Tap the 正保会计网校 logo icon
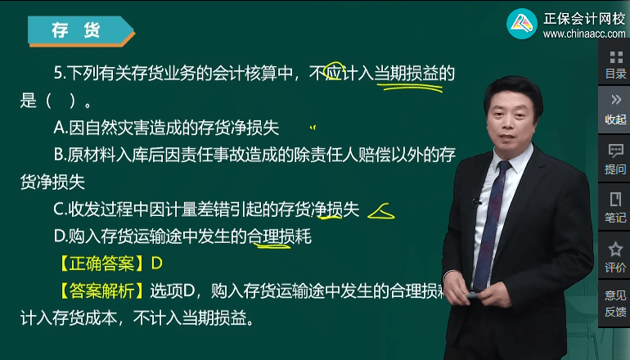[520, 25]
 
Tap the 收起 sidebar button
[615, 109]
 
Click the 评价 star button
[615, 256]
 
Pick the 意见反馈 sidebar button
[615, 303]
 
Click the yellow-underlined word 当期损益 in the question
[407, 74]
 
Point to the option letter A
[59, 128]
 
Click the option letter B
[59, 154]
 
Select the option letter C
[59, 209]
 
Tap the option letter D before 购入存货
[59, 236]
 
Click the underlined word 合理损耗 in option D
[279, 236]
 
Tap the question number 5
[58, 74]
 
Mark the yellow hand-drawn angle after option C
[381, 212]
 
